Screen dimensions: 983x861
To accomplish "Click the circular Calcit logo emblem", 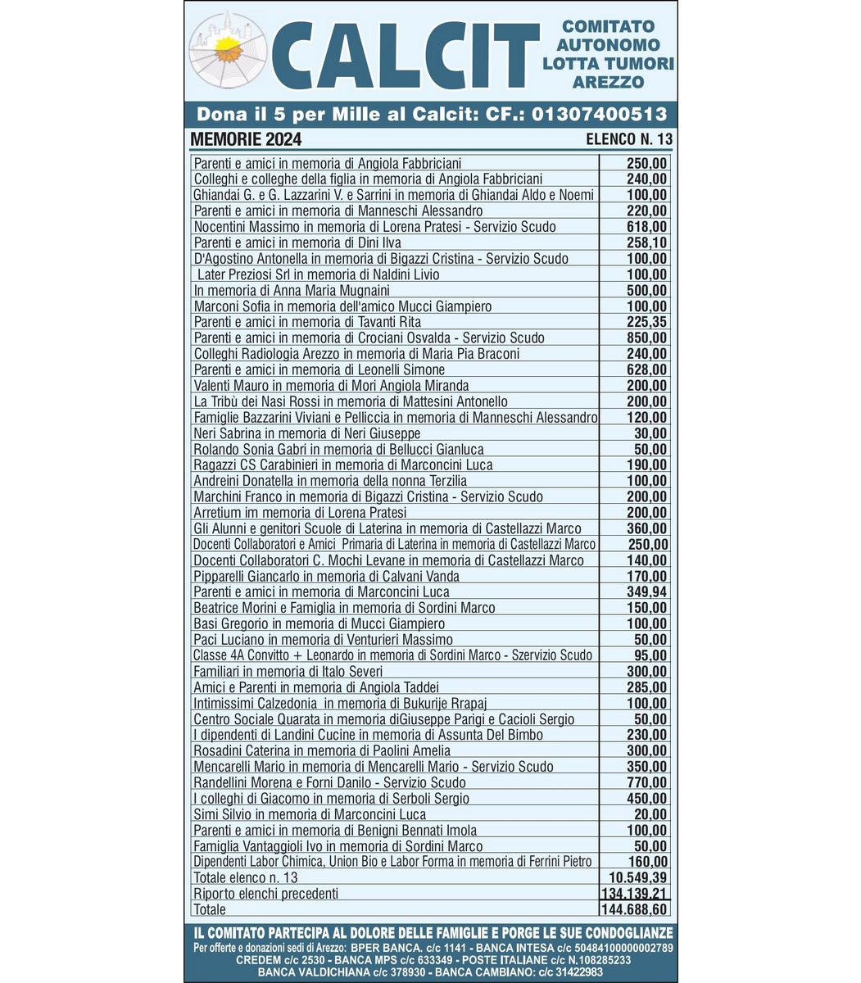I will tap(229, 52).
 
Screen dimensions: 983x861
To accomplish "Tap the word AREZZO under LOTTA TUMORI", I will tap(608, 82).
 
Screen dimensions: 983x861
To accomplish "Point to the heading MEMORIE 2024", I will tap(246, 138).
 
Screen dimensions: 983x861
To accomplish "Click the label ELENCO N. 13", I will tap(629, 139).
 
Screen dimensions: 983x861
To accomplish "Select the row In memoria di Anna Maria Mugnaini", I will tap(292, 290).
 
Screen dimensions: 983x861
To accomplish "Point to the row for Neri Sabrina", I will tap(307, 433).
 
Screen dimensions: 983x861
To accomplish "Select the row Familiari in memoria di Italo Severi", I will tap(288, 672).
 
